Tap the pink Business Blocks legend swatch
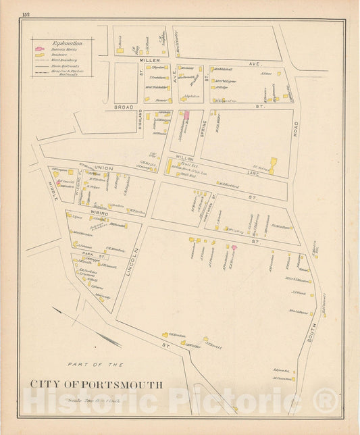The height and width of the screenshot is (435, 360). click(38, 51)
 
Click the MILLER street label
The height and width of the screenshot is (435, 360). click(149, 61)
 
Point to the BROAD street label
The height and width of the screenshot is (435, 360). click(124, 107)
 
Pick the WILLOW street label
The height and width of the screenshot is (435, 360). click(184, 157)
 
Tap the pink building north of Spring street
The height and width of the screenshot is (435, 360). click(187, 116)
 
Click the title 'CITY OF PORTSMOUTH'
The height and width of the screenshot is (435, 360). click(95, 385)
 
